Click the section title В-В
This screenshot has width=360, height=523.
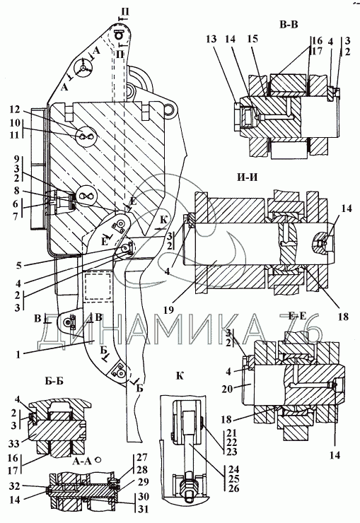pyautogui.click(x=289, y=25)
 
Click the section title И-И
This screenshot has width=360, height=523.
pyautogui.click(x=248, y=177)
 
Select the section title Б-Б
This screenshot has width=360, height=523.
pyautogui.click(x=54, y=381)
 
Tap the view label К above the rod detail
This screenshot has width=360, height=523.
pyautogui.click(x=180, y=375)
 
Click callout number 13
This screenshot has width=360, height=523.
pyautogui.click(x=211, y=39)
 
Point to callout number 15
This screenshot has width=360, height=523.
pyautogui.click(x=252, y=39)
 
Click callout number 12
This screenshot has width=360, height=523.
pyautogui.click(x=15, y=110)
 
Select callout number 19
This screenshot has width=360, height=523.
pyautogui.click(x=169, y=310)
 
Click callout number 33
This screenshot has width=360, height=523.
pyautogui.click(x=14, y=444)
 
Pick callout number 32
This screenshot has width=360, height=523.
pyautogui.click(x=14, y=486)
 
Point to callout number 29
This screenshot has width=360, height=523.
pyautogui.click(x=143, y=482)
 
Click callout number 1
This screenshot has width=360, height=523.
pyautogui.click(x=18, y=354)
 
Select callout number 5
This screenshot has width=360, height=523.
pyautogui.click(x=18, y=266)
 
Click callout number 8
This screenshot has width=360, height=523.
pyautogui.click(x=16, y=191)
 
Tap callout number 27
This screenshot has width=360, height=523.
pyautogui.click(x=142, y=457)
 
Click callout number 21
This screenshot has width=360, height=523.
pyautogui.click(x=231, y=433)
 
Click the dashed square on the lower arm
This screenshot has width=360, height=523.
pyautogui.click(x=97, y=286)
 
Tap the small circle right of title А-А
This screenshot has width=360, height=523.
pyautogui.click(x=98, y=460)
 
